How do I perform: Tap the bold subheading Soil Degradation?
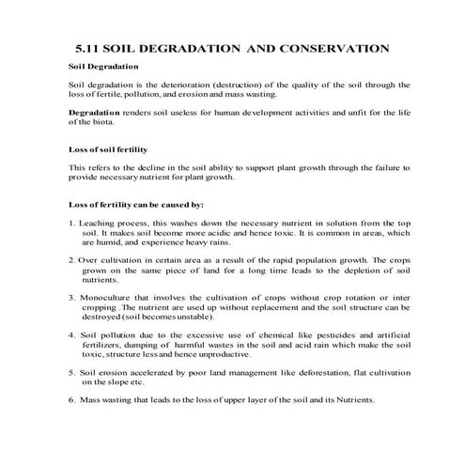click(x=104, y=67)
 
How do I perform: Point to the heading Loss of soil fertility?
click(x=109, y=149)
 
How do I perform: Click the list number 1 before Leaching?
click(x=72, y=223)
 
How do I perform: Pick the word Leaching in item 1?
click(x=99, y=223)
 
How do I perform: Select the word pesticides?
click(x=323, y=334)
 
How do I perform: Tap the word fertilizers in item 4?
click(x=103, y=344)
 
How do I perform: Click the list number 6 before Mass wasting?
click(x=72, y=399)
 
